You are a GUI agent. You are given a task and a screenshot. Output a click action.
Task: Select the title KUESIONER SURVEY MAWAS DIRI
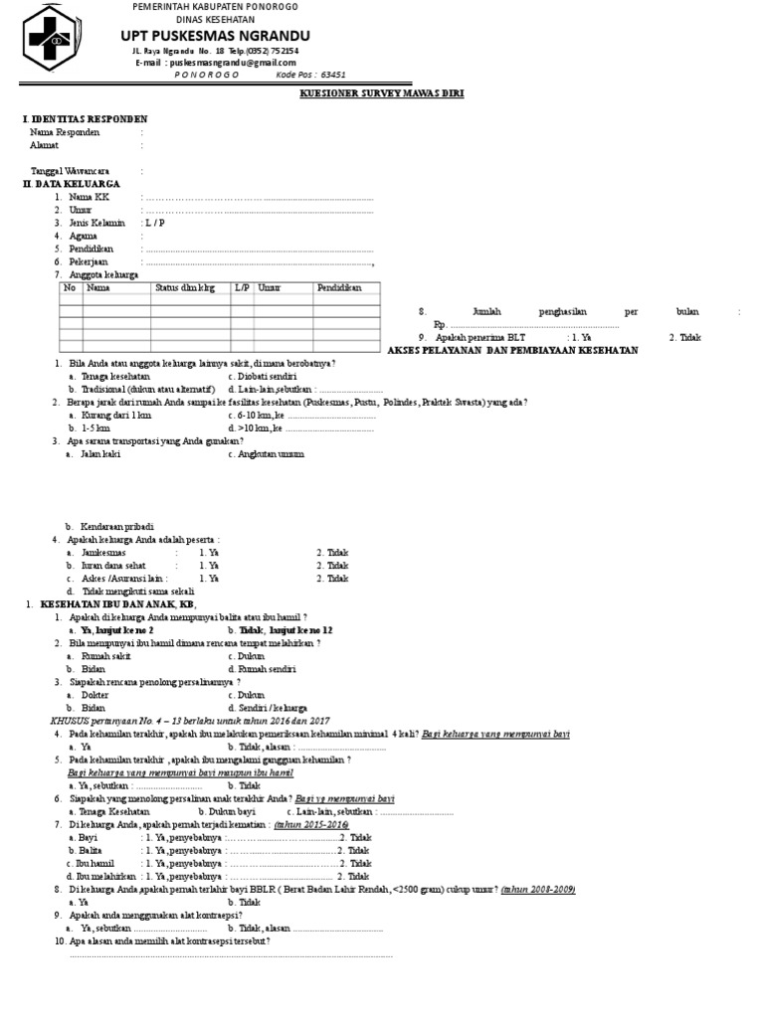pos(382,93)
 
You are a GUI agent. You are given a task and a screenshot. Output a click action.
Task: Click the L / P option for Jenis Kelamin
pos(154,223)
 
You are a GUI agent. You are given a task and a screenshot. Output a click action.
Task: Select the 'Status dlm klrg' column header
pos(184,287)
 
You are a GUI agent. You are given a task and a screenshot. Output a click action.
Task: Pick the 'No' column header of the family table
pos(70,287)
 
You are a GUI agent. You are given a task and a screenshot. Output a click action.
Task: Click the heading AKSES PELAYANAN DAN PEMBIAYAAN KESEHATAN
pos(511,351)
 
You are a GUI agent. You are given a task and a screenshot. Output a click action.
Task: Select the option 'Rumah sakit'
pos(108,656)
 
